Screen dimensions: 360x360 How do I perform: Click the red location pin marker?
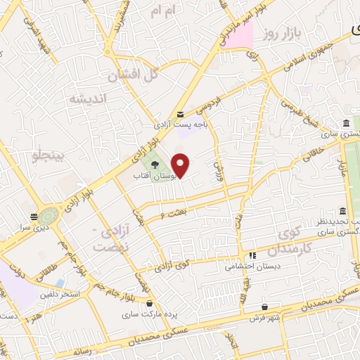(x=181, y=165)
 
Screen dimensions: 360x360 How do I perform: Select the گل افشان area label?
(x=134, y=75)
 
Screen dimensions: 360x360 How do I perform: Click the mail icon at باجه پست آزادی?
(x=181, y=115)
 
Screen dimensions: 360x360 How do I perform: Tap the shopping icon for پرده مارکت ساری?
(x=150, y=303)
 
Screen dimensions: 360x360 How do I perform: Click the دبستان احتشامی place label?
(x=252, y=266)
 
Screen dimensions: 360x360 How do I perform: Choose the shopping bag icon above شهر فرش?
(x=264, y=307)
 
